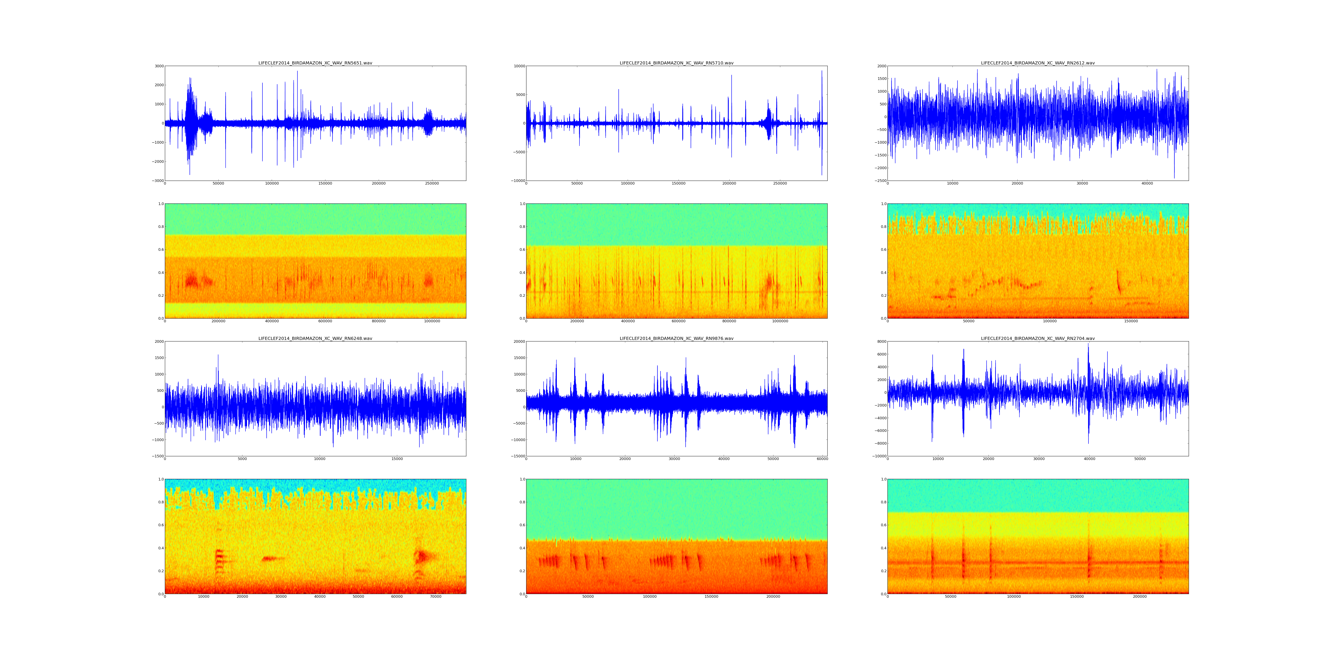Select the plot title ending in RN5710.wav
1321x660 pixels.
[x=676, y=63]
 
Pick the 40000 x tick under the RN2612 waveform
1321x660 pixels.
[x=1147, y=183]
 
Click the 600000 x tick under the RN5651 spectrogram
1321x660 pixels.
[x=325, y=321]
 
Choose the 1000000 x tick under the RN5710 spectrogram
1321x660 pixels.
[x=780, y=321]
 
